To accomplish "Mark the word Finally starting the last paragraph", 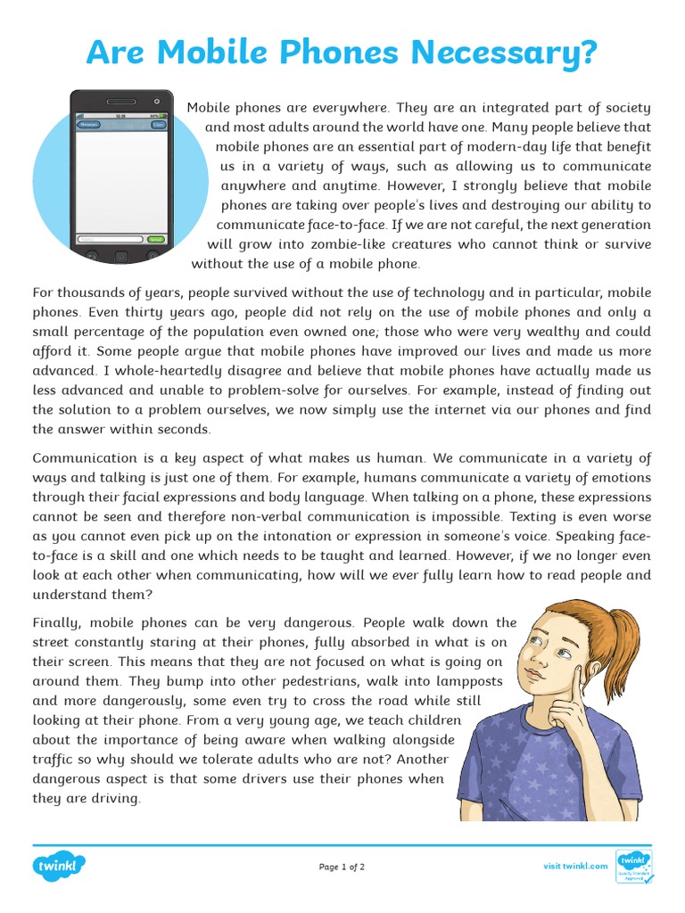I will [60, 622].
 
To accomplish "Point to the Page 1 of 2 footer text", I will [342, 867].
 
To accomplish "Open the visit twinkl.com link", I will [575, 867].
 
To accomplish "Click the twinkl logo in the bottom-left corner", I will [60, 866].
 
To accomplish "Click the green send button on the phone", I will [156, 240].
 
